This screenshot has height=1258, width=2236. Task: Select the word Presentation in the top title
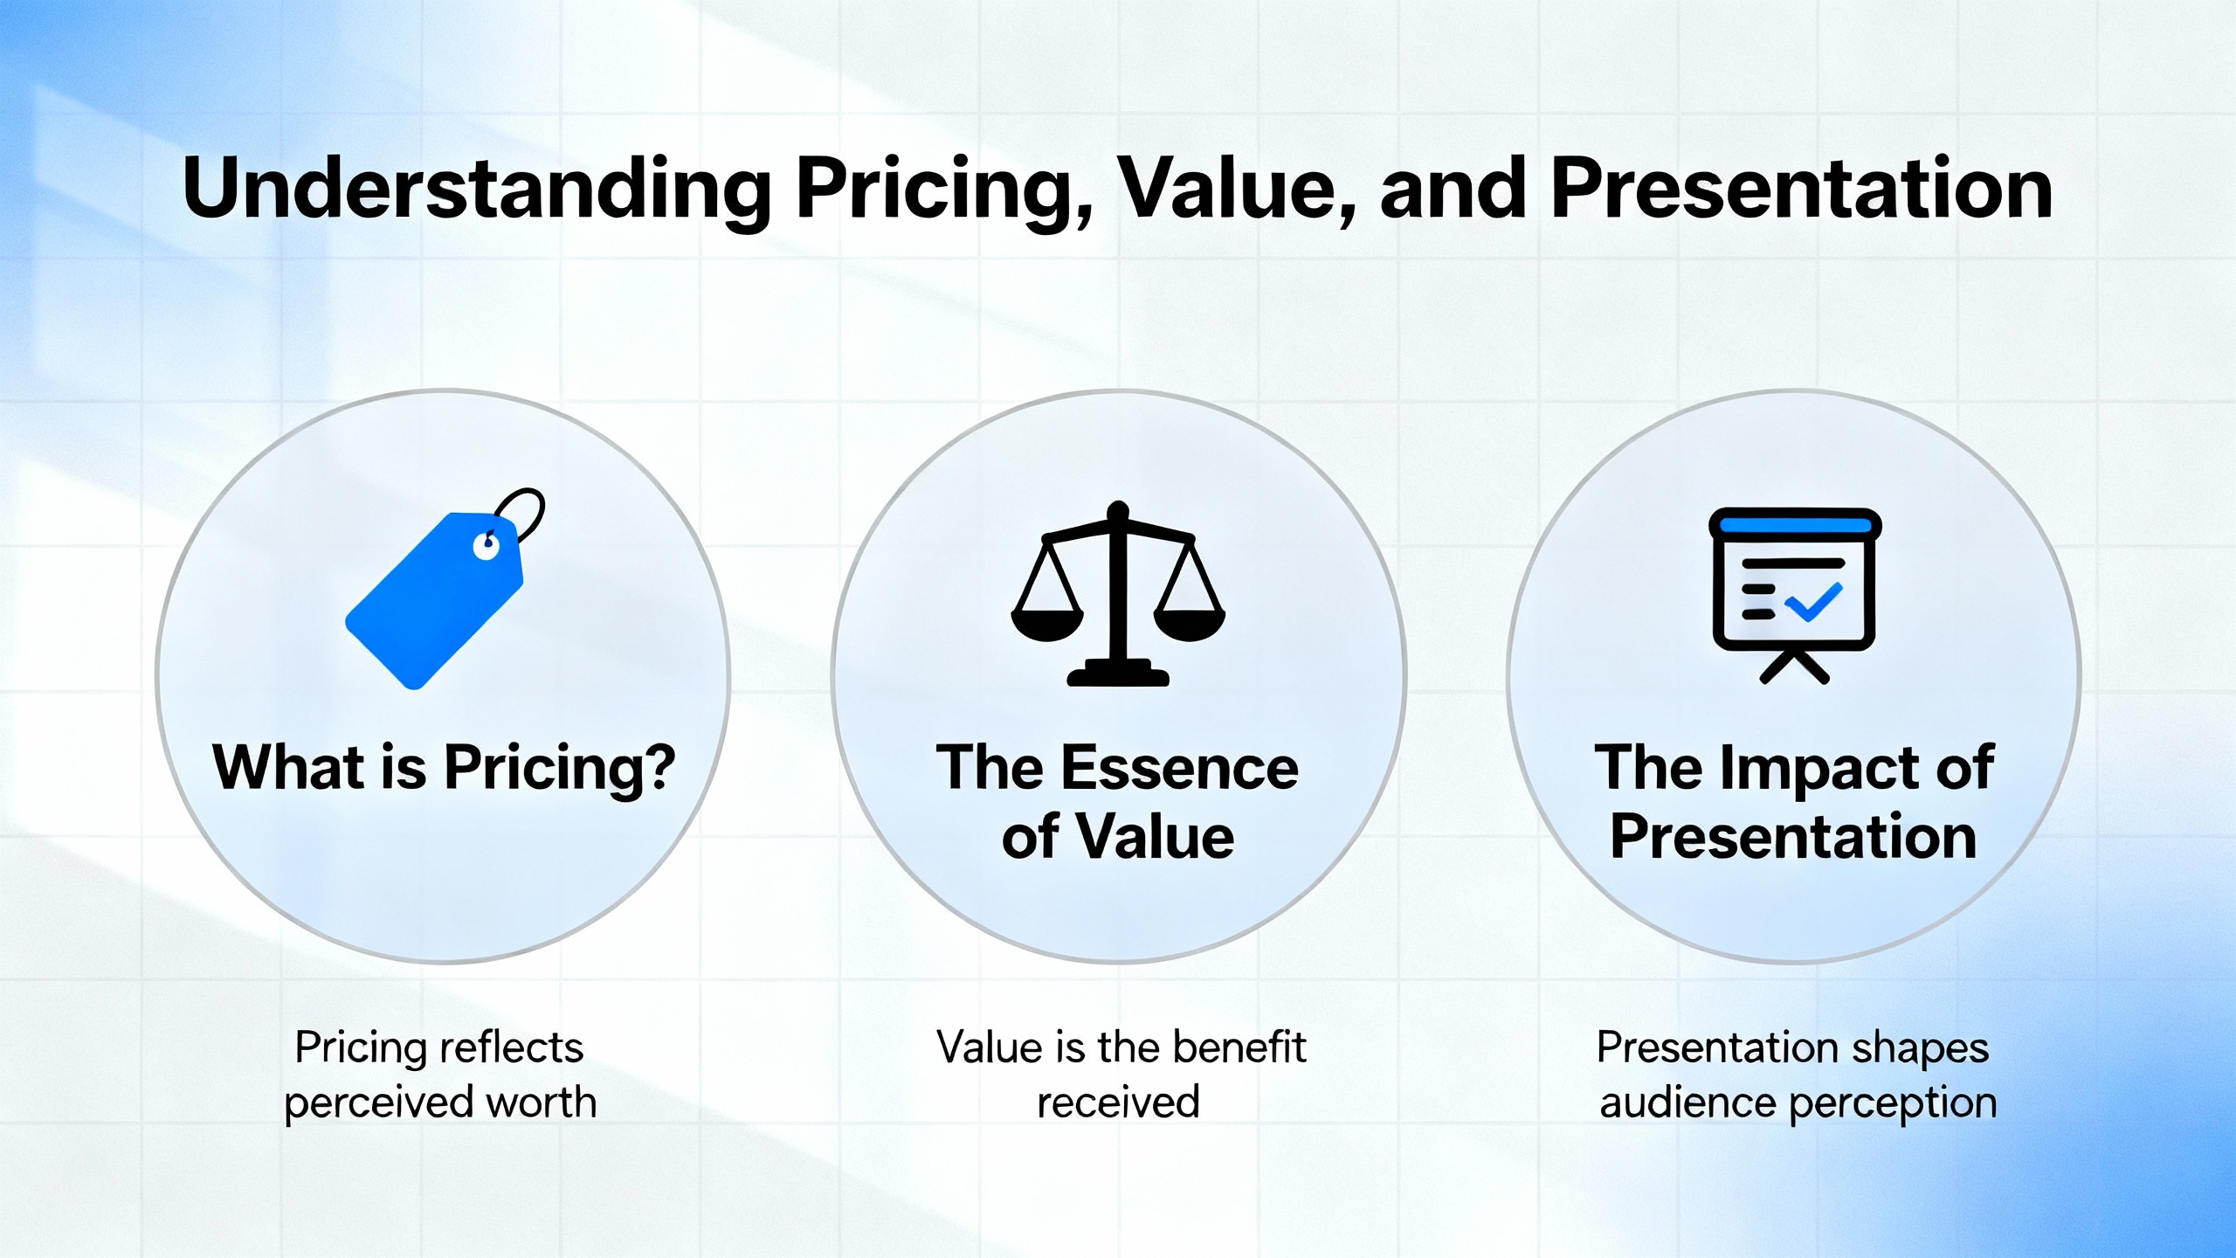pos(1801,189)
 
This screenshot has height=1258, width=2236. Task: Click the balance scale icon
pos(1118,593)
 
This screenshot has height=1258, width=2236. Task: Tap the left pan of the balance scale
pos(1047,623)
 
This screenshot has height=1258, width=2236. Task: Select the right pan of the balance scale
pos(1190,623)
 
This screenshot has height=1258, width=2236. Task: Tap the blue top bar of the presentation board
pos(1795,525)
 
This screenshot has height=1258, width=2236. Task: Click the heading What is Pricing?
pos(444,769)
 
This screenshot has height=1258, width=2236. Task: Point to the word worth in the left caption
pos(541,1102)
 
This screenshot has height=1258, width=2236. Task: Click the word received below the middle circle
pos(1118,1102)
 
